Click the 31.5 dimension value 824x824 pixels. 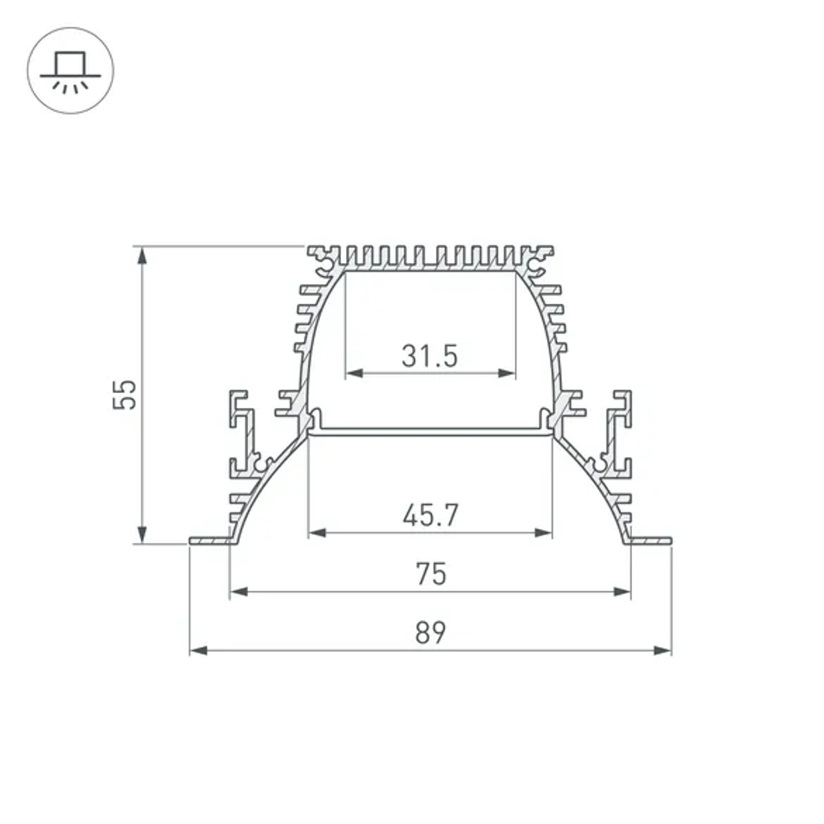[429, 356]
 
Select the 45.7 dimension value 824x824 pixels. [429, 516]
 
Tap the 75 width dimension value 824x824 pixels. [431, 574]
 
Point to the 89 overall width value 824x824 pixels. [430, 633]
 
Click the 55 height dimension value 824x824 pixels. [124, 395]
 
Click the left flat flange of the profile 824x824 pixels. [208, 541]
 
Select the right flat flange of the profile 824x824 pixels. [651, 541]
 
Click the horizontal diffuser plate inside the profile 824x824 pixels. [429, 430]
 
